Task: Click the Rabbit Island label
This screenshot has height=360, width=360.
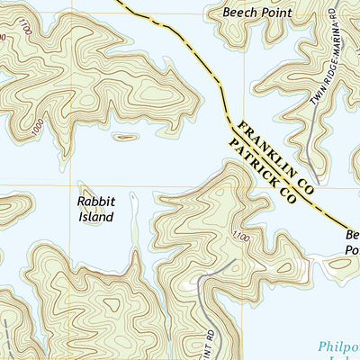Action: click(94, 210)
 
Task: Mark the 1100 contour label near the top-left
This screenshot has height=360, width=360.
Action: click(23, 30)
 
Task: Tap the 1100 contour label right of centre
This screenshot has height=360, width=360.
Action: click(237, 236)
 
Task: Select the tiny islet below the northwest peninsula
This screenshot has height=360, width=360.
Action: click(125, 138)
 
